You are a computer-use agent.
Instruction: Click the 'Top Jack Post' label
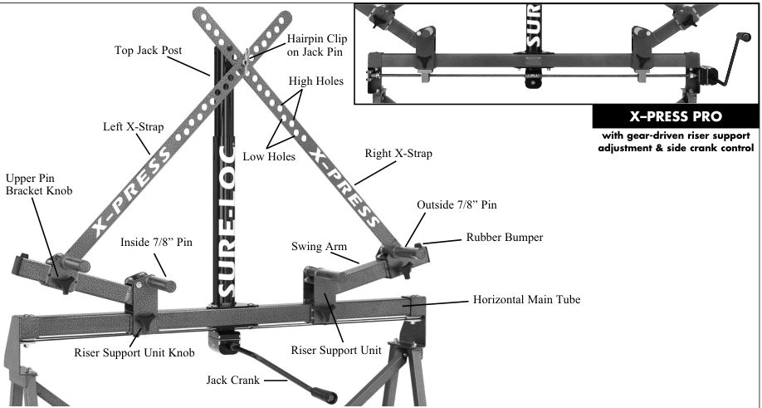pos(149,50)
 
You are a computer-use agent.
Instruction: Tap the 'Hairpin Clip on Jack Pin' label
pos(317,45)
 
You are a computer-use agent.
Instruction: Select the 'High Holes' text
pos(316,81)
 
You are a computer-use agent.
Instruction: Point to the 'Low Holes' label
pos(269,156)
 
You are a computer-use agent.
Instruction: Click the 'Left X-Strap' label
pos(133,127)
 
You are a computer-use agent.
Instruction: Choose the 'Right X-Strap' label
pos(398,154)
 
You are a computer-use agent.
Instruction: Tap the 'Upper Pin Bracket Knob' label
pos(39,184)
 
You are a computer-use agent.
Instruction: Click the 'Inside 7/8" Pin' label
pos(156,242)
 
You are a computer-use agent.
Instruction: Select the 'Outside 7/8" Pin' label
pos(457,204)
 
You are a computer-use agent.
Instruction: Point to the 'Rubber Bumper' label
pos(505,238)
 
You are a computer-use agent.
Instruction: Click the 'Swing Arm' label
pos(320,246)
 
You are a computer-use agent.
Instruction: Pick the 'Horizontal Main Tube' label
pos(527,299)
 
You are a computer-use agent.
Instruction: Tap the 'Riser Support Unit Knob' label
pos(134,352)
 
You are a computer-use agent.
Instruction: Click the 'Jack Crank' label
pos(232,379)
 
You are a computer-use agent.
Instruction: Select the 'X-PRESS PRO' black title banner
pos(676,116)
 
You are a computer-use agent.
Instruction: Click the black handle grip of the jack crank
pos(325,395)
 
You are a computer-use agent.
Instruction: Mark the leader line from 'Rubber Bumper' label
pos(442,241)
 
